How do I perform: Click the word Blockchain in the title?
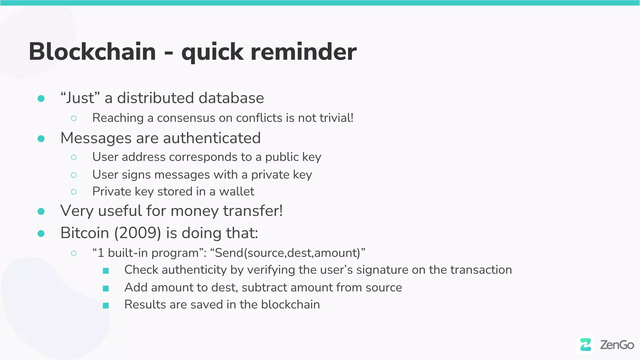[92, 52]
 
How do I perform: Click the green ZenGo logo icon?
[586, 345]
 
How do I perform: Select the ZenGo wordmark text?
[617, 345]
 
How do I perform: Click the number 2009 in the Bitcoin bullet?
[137, 233]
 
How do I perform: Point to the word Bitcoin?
[85, 233]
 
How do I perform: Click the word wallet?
[237, 192]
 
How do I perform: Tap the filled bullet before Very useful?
[41, 212]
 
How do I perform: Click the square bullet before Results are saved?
[106, 305]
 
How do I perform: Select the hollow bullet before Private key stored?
[74, 192]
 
